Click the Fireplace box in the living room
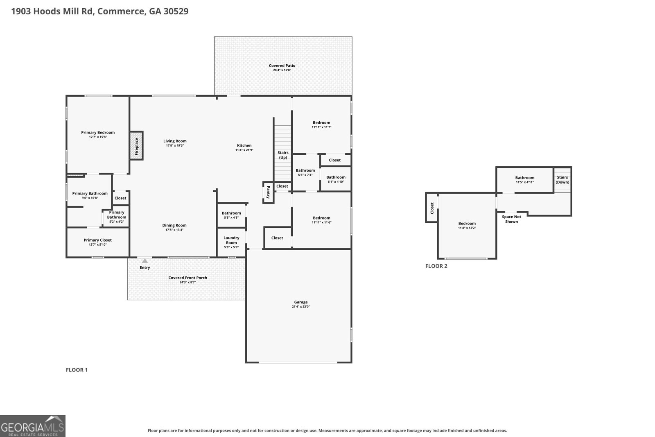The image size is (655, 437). [136, 146]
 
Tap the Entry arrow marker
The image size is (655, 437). [145, 261]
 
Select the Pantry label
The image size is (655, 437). [268, 192]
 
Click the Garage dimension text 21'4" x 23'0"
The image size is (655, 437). [300, 306]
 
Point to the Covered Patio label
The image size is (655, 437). [282, 66]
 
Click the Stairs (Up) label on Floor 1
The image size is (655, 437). [283, 155]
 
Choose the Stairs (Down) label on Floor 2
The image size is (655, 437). [562, 180]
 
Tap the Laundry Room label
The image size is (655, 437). [231, 240]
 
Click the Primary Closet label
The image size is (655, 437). [98, 240]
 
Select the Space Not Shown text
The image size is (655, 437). [511, 219]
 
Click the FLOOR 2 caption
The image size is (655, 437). [436, 266]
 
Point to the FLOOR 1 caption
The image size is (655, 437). [77, 370]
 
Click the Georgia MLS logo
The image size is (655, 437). [32, 426]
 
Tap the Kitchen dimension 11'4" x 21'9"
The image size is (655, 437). [244, 150]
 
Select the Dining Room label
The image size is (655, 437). [174, 225]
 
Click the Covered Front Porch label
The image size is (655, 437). [188, 278]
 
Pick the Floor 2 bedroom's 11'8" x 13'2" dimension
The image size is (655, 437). [467, 228]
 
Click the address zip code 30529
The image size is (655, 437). [176, 11]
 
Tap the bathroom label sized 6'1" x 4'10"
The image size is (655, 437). [336, 177]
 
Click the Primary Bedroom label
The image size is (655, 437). [98, 133]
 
